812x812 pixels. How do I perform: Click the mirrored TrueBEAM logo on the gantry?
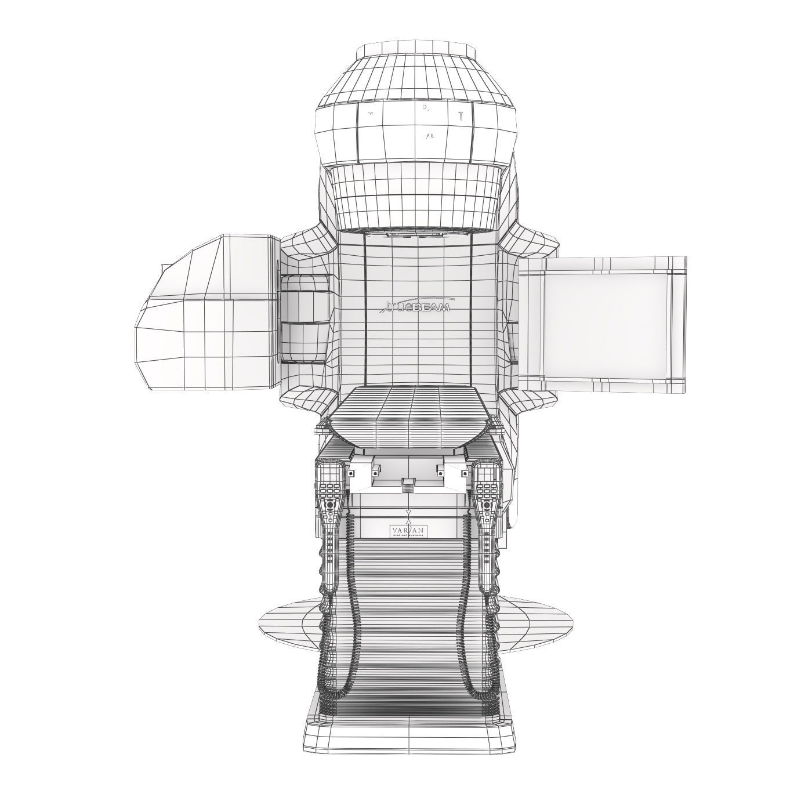click(418, 306)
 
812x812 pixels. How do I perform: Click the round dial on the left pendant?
click(330, 505)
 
